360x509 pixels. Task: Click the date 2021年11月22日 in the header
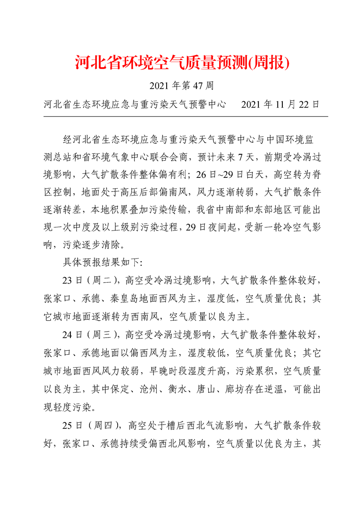281,105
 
